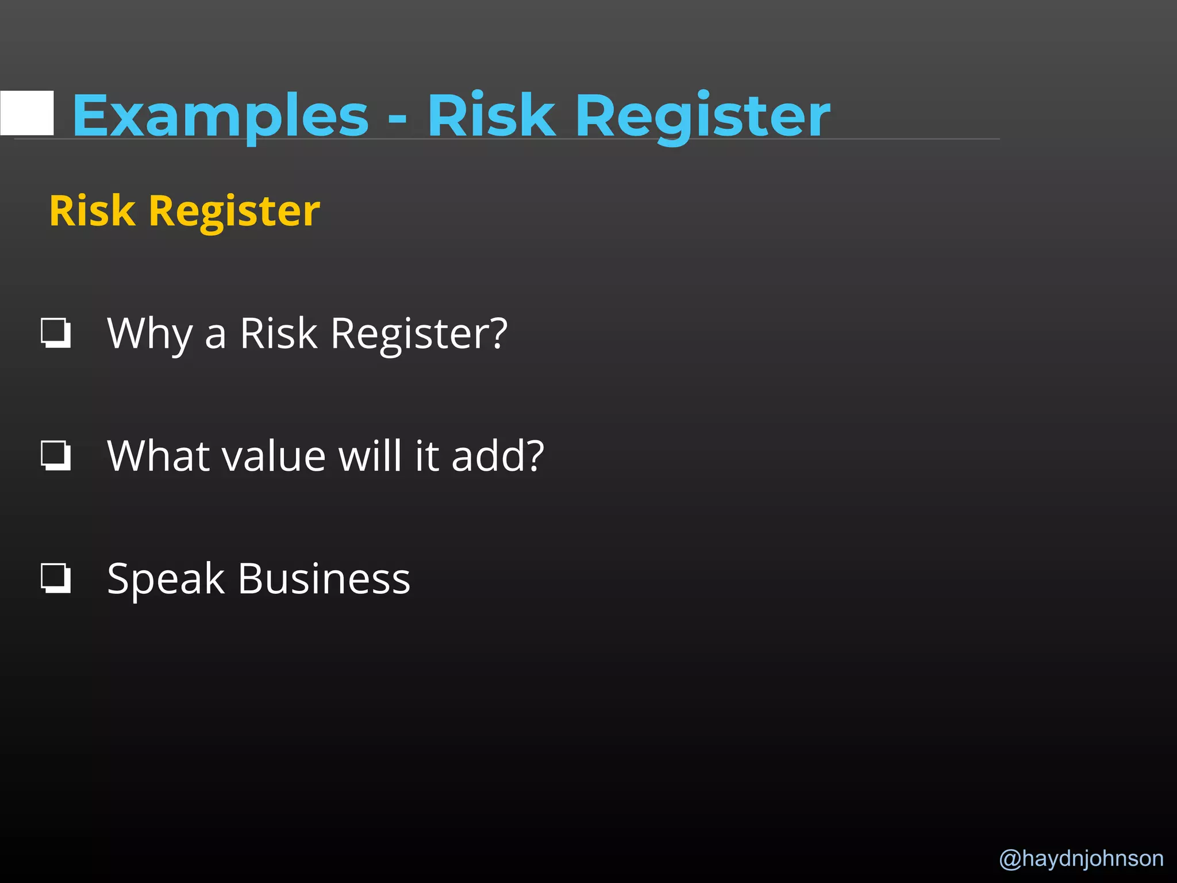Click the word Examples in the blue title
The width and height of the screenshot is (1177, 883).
(220, 116)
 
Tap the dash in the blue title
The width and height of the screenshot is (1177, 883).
(397, 118)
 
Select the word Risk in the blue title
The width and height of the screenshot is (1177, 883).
(491, 116)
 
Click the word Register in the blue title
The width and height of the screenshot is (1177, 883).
(702, 116)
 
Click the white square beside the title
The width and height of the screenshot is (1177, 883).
(27, 113)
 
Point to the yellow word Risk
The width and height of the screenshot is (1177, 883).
(92, 210)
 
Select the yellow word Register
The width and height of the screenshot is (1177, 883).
(234, 212)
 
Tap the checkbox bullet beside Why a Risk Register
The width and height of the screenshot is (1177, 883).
(56, 333)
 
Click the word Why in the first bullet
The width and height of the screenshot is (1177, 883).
(149, 333)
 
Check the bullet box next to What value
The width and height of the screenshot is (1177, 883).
(56, 455)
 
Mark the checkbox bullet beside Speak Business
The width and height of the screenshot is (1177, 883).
(56, 578)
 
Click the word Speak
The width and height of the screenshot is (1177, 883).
(166, 579)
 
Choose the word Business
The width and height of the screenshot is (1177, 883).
(324, 578)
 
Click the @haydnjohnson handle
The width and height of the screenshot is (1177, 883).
(1081, 858)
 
